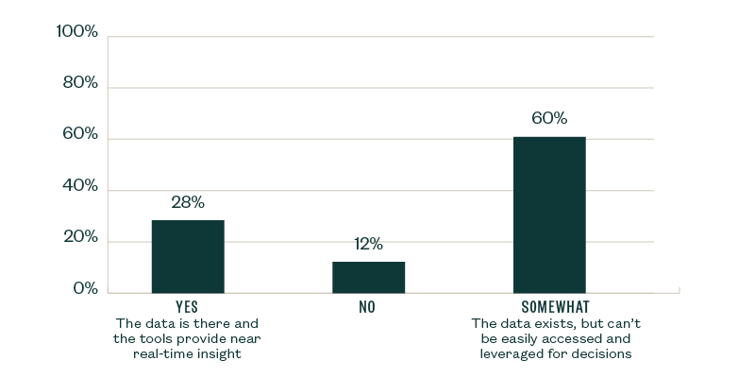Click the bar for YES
[188, 256]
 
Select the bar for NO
[368, 277]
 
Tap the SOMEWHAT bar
[549, 215]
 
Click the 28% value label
[188, 202]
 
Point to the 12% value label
[368, 245]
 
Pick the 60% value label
[549, 118]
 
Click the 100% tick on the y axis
[77, 32]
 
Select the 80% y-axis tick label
[80, 83]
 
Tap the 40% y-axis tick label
[80, 186]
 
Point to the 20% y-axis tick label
[80, 237]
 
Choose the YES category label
[187, 308]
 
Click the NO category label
[368, 308]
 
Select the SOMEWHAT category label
[549, 308]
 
